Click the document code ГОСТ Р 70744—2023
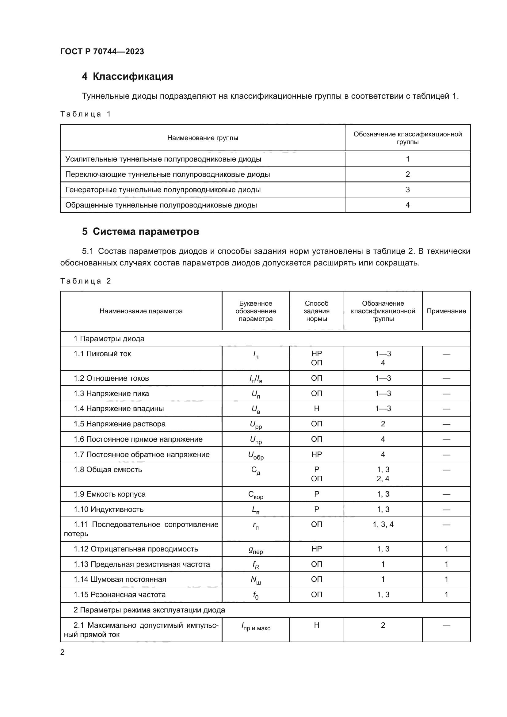[x=102, y=51]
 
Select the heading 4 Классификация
[x=128, y=77]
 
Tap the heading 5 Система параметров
[x=140, y=231]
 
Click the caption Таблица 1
[x=86, y=114]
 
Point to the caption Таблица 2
[x=86, y=281]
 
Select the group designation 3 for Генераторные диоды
[x=407, y=189]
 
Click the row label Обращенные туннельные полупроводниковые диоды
[x=161, y=205]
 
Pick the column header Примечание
[x=446, y=311]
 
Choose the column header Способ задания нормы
[x=317, y=311]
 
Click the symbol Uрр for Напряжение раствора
[x=256, y=425]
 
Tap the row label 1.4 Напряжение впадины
[x=119, y=408]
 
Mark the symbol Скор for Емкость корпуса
[x=256, y=495]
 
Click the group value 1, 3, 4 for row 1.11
[x=383, y=524]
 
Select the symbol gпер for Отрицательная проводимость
[x=256, y=550]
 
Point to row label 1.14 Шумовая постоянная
[x=120, y=579]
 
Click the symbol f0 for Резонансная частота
[x=256, y=595]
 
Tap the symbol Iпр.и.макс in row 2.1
[x=256, y=626]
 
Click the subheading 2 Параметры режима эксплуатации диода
[x=149, y=610]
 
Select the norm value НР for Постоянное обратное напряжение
[x=317, y=454]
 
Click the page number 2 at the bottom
[x=63, y=652]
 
